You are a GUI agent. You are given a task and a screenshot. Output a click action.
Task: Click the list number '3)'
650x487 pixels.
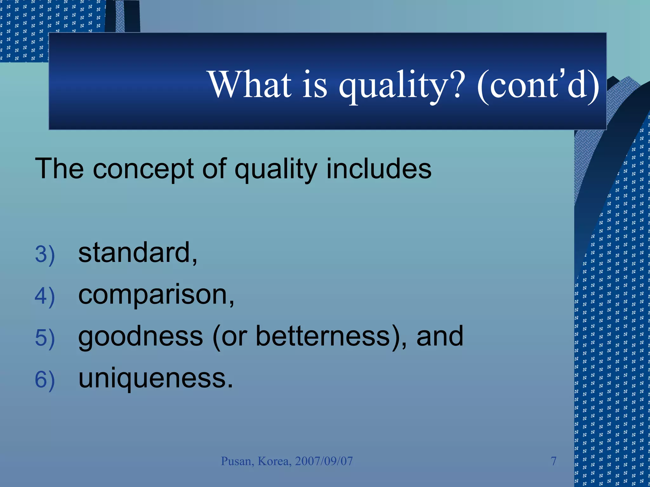[x=45, y=254]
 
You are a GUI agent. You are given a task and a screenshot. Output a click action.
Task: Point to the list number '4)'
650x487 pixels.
[x=45, y=296]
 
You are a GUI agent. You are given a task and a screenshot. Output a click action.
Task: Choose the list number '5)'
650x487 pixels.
[x=45, y=338]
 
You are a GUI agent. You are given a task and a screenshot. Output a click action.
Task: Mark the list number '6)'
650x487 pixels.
[x=45, y=380]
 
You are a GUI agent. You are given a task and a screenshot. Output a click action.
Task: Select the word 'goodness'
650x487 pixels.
[x=140, y=337]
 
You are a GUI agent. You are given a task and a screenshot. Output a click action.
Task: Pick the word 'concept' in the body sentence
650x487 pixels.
[x=143, y=169]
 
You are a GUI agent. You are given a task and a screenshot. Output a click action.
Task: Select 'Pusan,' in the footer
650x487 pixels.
[x=237, y=461]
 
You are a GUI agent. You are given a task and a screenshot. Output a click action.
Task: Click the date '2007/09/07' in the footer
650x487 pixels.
[x=324, y=461]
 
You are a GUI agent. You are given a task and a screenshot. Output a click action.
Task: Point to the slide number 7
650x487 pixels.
[x=554, y=461]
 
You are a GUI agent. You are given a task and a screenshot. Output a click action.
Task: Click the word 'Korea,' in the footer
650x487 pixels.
[x=275, y=461]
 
